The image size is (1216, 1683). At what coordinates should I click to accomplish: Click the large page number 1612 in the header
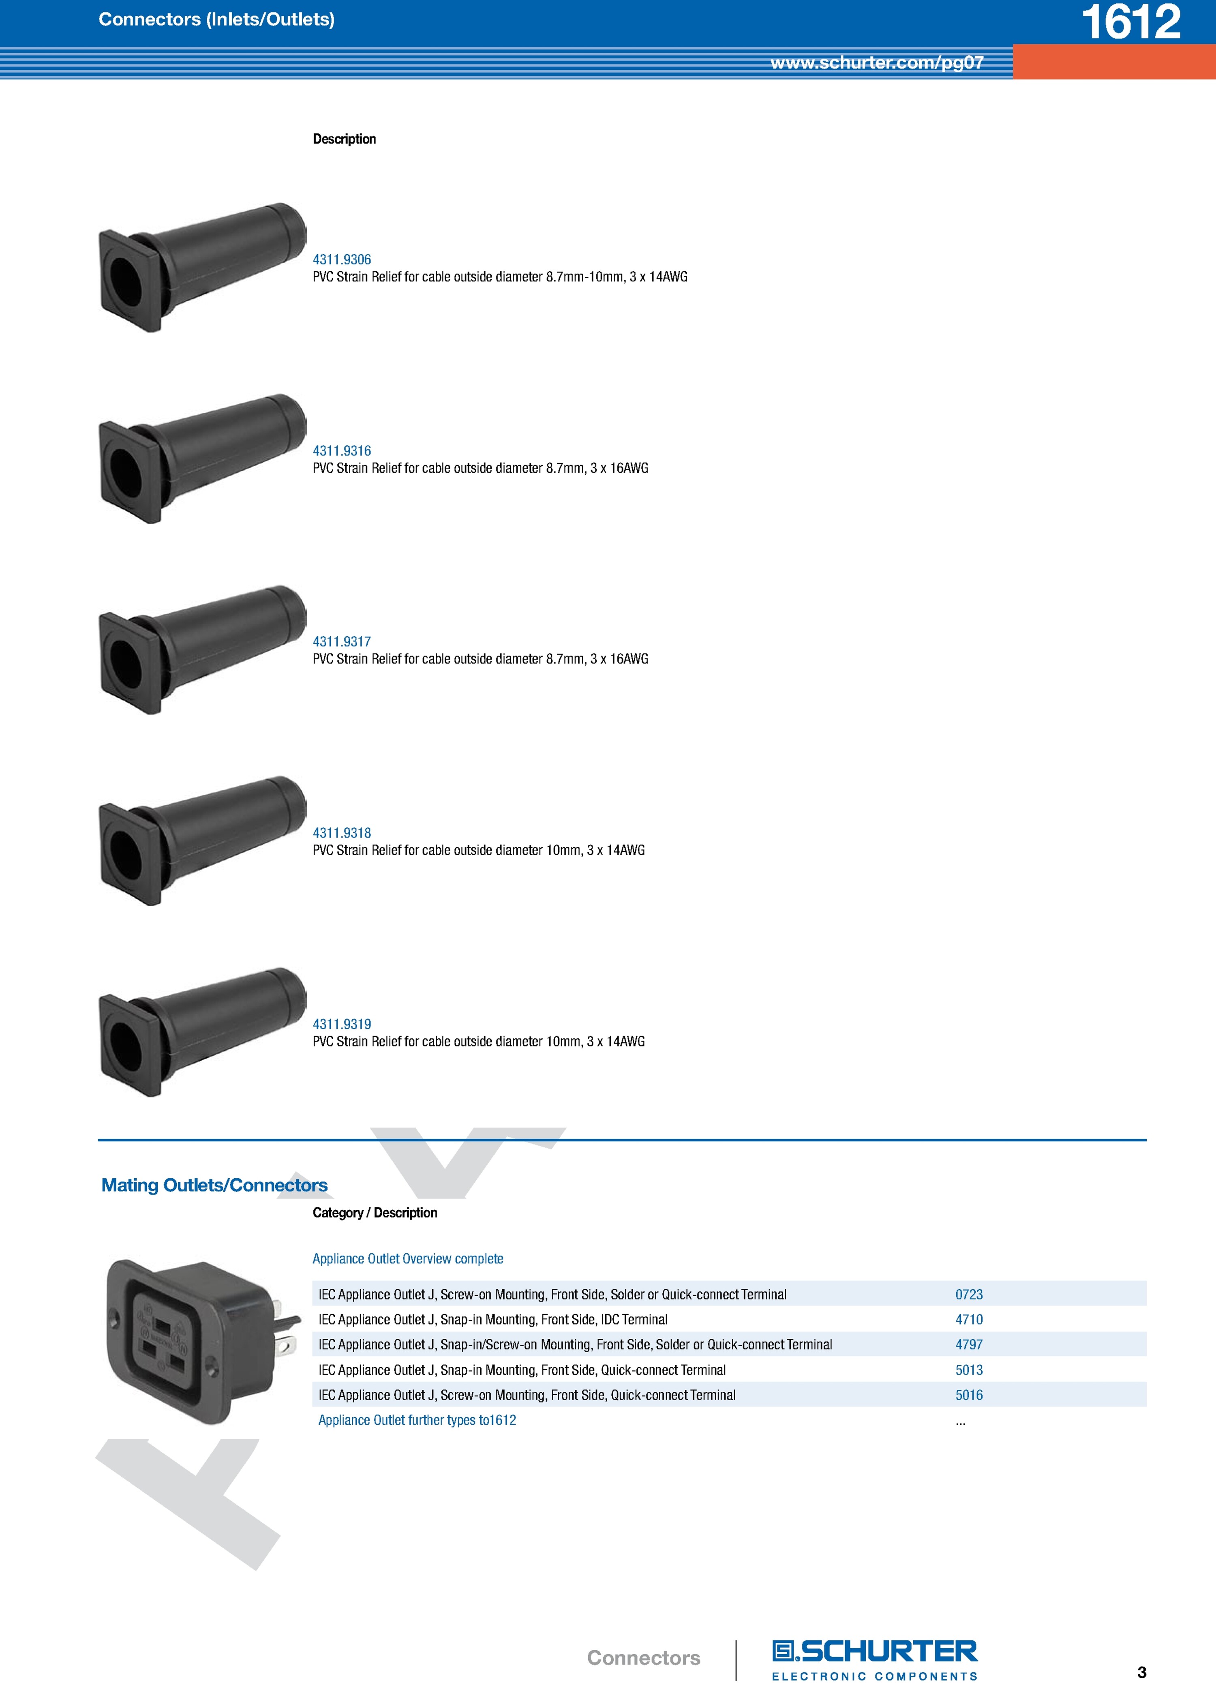coord(1131,22)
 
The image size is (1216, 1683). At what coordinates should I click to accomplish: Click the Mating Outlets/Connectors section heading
coord(214,1185)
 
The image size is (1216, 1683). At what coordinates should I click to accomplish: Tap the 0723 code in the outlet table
coord(969,1295)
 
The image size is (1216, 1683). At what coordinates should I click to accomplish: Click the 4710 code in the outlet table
coord(969,1320)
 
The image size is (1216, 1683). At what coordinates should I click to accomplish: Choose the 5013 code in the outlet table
coord(969,1370)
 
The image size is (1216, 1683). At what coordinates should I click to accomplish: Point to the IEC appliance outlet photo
coord(202,1342)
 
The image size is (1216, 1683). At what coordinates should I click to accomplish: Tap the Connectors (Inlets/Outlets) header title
coord(216,20)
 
